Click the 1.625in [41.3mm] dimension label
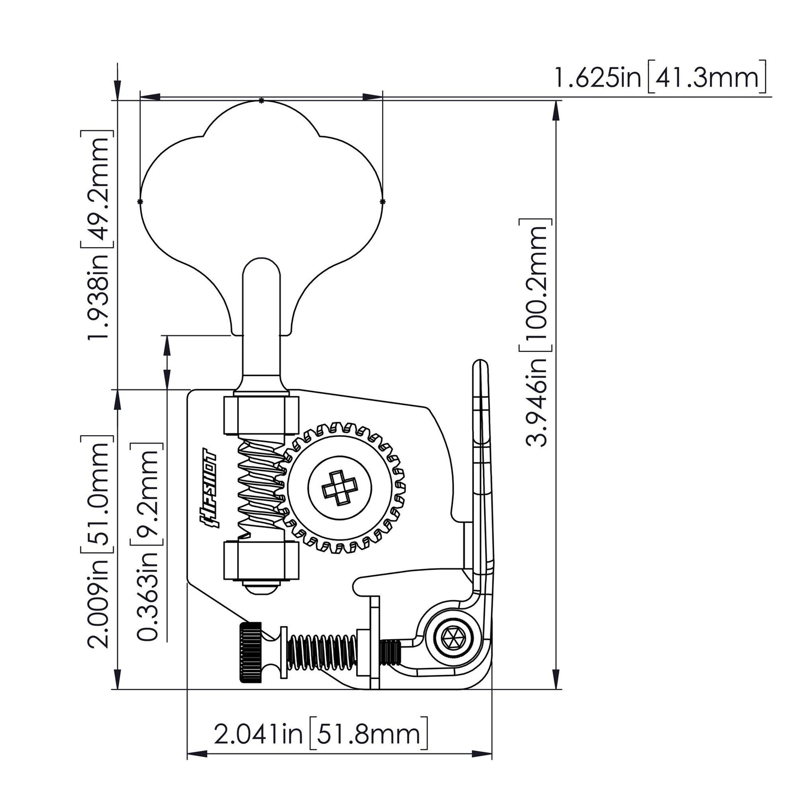coord(660,78)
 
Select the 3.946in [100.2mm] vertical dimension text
coord(536,332)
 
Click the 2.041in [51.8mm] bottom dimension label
coord(320,734)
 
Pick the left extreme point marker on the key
coord(140,201)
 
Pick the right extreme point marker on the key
coord(382,201)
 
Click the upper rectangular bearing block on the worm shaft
coord(261,415)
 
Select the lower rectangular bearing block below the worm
coord(261,561)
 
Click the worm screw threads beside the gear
coord(259,485)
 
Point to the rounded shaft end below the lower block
coord(261,589)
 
